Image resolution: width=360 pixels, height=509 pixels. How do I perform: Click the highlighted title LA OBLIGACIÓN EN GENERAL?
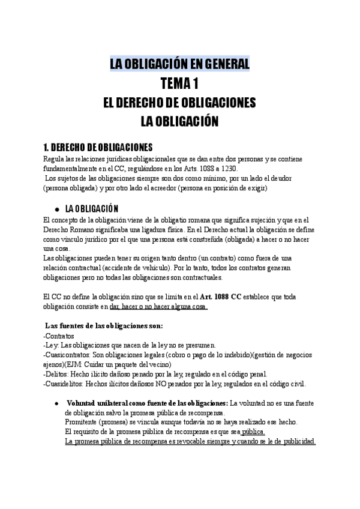coord(179,64)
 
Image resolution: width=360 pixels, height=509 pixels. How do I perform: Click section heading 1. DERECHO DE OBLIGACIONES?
coord(98,148)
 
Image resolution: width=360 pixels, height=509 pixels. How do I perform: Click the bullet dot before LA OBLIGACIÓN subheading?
coord(56,209)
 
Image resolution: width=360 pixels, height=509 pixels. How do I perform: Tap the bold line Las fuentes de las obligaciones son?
coord(104,326)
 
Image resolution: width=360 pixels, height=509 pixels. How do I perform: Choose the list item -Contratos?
coord(59,336)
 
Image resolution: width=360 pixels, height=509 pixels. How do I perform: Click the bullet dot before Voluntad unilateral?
coord(56,403)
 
